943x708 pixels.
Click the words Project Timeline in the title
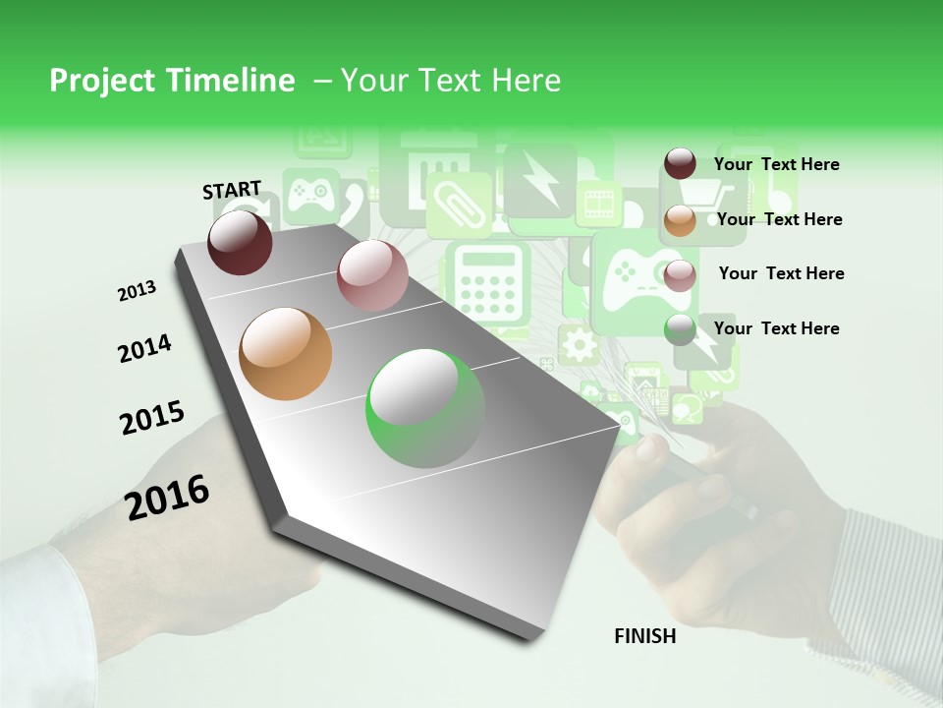(x=172, y=81)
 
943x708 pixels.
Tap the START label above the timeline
(x=232, y=190)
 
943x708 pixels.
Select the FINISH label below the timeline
(x=645, y=636)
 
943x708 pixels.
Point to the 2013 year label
(x=137, y=291)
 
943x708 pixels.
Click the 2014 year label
(x=144, y=349)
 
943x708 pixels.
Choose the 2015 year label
(x=152, y=418)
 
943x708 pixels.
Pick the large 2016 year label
(x=167, y=498)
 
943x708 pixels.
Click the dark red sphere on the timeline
(x=240, y=242)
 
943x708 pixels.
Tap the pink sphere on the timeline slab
(x=372, y=275)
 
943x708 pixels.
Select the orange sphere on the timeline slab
(x=286, y=354)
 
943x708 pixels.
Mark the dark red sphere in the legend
(x=680, y=164)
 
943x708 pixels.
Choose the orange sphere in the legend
(x=680, y=220)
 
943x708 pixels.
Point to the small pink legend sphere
(x=680, y=275)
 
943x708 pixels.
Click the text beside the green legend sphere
(x=776, y=328)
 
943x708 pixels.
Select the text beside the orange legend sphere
(x=779, y=219)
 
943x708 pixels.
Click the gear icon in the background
(x=579, y=345)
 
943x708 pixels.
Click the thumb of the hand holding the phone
(x=650, y=450)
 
